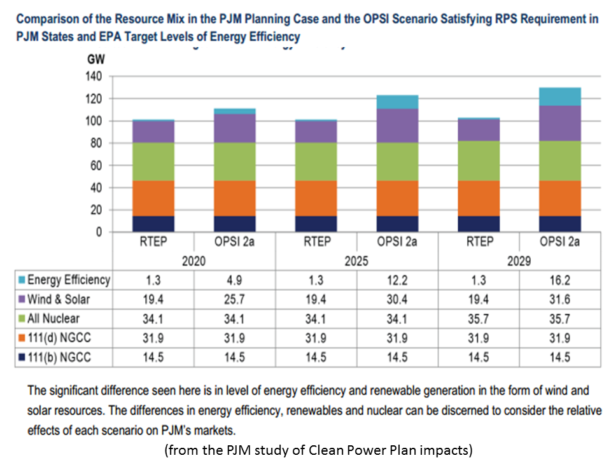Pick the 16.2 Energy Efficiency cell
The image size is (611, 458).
(x=559, y=279)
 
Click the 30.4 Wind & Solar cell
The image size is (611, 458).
(x=397, y=299)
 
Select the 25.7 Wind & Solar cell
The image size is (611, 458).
(x=235, y=299)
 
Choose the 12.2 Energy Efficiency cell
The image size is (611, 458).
(x=397, y=279)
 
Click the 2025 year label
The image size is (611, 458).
(x=356, y=261)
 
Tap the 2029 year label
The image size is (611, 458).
(x=519, y=261)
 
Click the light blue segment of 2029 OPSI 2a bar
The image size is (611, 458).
(x=559, y=97)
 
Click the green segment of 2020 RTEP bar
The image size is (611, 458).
(x=153, y=162)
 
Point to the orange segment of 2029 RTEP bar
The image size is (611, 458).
(x=478, y=198)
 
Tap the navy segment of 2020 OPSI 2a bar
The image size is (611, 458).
(x=235, y=224)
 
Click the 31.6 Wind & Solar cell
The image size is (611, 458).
(x=559, y=299)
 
